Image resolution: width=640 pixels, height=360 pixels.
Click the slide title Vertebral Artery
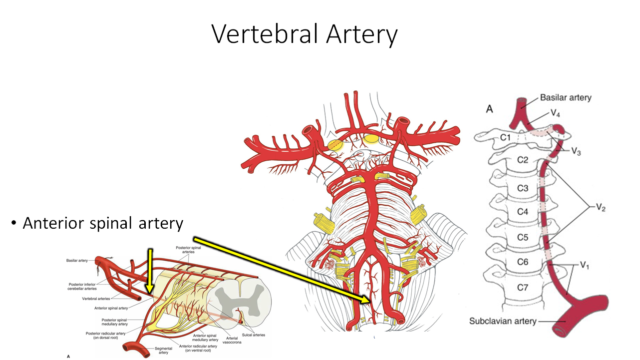(x=305, y=34)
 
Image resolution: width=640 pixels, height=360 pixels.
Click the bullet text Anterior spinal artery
(x=103, y=223)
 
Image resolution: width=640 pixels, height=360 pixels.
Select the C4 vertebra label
(x=522, y=211)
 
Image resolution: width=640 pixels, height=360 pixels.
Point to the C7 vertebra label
(x=522, y=288)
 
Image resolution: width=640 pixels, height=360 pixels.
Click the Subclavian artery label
(x=502, y=321)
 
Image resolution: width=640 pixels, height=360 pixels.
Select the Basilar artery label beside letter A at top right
(x=565, y=97)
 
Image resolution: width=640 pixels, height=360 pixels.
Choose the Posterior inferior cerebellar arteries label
(x=82, y=287)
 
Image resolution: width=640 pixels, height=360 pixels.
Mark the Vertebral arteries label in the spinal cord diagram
(x=96, y=299)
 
